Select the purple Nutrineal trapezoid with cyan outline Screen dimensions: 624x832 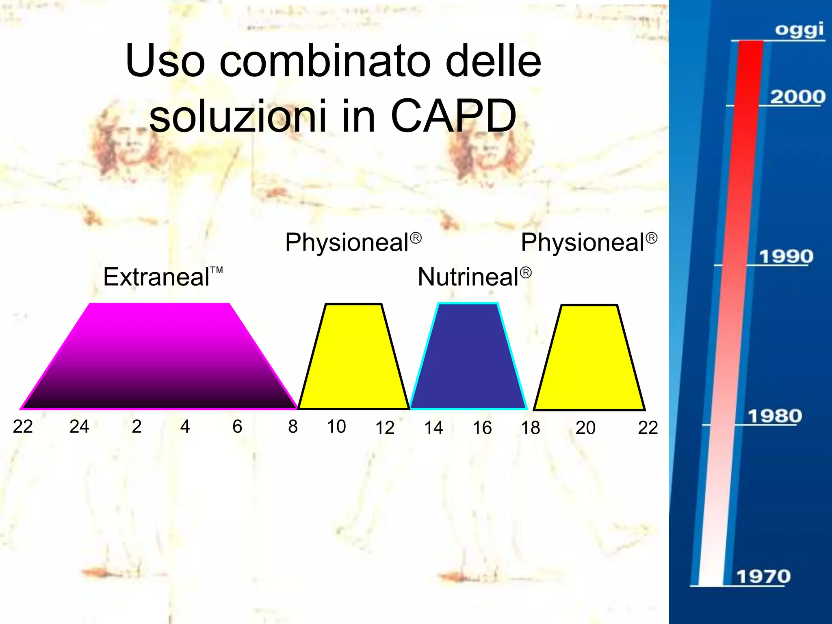click(x=468, y=357)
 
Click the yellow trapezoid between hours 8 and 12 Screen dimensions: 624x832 click(x=353, y=357)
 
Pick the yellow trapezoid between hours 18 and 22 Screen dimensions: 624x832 click(x=589, y=357)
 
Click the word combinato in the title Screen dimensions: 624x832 click(x=325, y=61)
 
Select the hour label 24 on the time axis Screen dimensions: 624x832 click(x=79, y=427)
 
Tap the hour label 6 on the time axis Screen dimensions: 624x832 click(x=237, y=427)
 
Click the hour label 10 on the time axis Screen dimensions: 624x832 click(x=336, y=427)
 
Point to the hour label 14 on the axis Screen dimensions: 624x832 click(x=433, y=428)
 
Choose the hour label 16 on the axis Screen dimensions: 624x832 click(x=482, y=428)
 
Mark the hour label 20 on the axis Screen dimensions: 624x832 click(x=585, y=428)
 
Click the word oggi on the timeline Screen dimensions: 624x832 click(x=799, y=30)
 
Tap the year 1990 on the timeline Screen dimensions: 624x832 click(x=786, y=257)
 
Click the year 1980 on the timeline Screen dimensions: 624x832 click(x=775, y=416)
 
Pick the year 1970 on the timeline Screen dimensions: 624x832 click(x=763, y=576)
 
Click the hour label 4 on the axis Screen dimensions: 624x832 click(x=185, y=427)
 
